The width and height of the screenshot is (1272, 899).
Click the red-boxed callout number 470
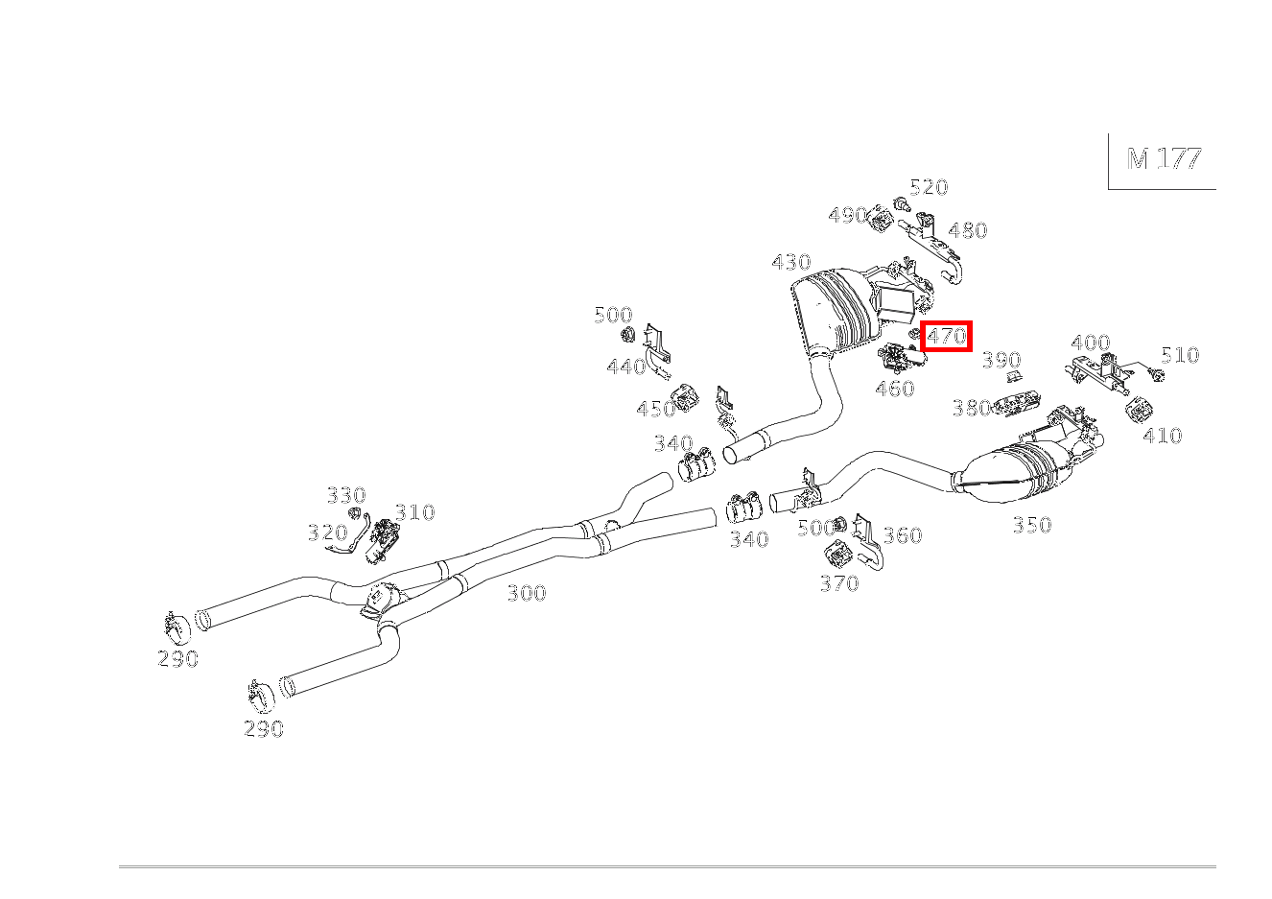tap(946, 337)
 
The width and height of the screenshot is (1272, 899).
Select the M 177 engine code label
tap(1164, 159)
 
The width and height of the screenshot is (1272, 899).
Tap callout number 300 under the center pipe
tap(526, 593)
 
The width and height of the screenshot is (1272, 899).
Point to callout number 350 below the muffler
tap(1031, 525)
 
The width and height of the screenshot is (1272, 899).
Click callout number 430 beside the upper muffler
tap(791, 262)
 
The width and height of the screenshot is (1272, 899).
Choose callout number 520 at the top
tap(929, 187)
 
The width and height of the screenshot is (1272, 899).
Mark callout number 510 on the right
tap(1180, 355)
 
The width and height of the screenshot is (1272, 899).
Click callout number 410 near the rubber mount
tap(1163, 436)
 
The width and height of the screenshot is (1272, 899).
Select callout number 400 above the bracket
tap(1091, 343)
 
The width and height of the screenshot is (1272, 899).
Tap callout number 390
tap(1001, 360)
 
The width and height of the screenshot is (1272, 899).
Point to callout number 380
tap(971, 408)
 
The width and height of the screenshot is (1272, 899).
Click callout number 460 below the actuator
tap(894, 389)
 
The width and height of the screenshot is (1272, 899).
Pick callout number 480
tap(967, 230)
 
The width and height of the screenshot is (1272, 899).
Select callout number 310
tap(414, 512)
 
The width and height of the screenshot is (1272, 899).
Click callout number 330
tap(346, 495)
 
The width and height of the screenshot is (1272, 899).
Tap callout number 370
tap(839, 583)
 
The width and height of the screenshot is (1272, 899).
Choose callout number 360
tap(902, 535)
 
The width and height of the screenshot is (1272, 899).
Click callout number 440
tap(625, 367)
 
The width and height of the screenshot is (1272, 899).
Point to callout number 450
tap(656, 410)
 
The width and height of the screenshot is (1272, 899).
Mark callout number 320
tap(327, 532)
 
